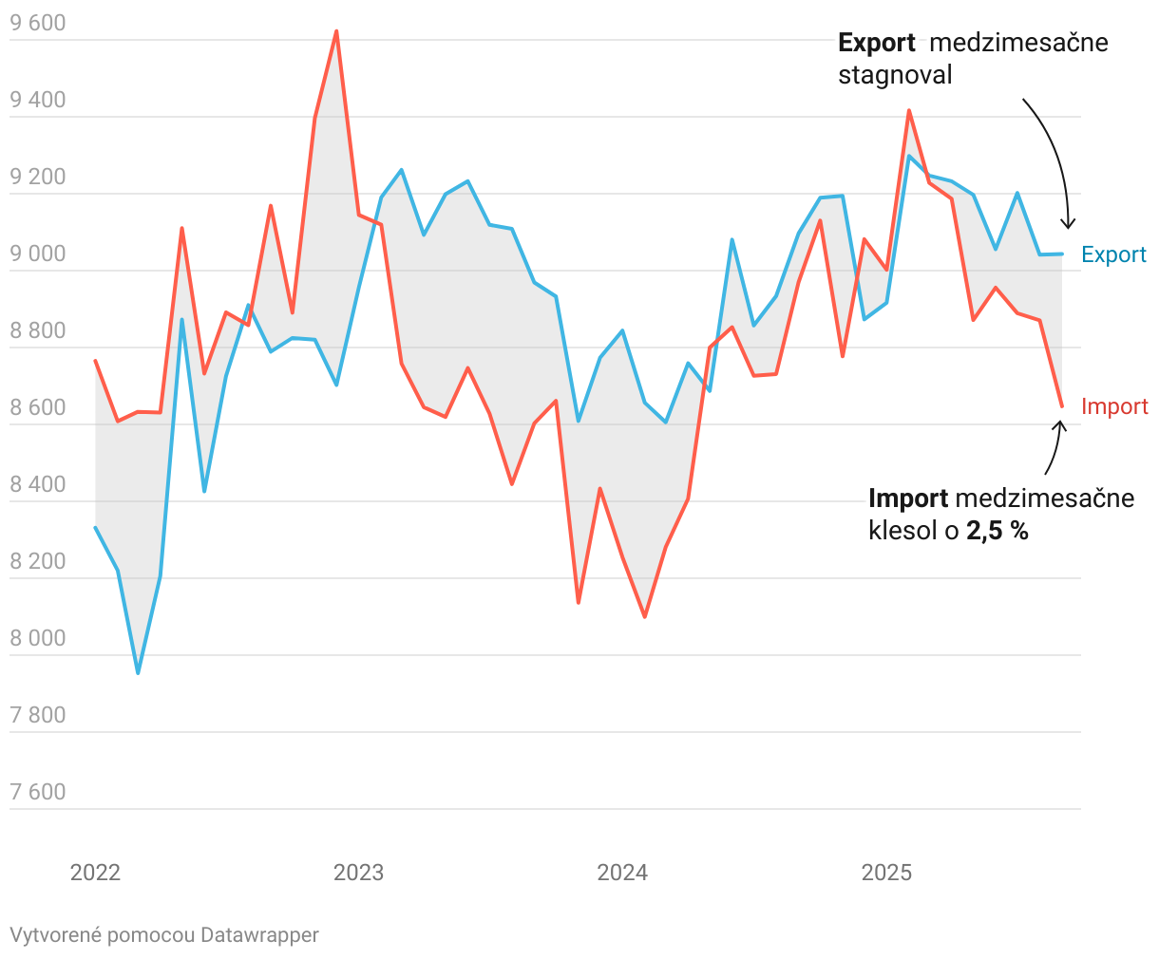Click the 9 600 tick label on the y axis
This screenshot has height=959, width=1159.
(38, 24)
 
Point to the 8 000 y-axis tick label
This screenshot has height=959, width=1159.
(38, 638)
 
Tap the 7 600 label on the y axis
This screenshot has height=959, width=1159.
(38, 792)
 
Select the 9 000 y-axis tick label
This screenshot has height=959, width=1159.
(38, 254)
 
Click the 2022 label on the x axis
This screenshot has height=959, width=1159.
(95, 873)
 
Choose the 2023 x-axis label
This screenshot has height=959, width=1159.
(358, 873)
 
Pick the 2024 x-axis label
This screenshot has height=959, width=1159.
(622, 873)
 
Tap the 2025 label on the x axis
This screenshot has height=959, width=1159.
(885, 873)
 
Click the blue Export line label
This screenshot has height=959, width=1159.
(1113, 254)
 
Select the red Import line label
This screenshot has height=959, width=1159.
(1114, 406)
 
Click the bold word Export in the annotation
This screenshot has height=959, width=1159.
(876, 43)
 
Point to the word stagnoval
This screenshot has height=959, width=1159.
(894, 75)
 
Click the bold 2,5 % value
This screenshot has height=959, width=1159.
(997, 531)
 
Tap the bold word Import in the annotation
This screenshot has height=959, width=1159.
(908, 498)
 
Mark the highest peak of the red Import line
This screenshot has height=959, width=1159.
(336, 31)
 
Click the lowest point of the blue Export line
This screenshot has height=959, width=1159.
(138, 673)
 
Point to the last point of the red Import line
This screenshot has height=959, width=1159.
(1062, 406)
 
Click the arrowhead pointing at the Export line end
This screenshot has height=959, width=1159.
(1068, 225)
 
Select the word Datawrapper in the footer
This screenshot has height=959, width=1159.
(259, 935)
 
